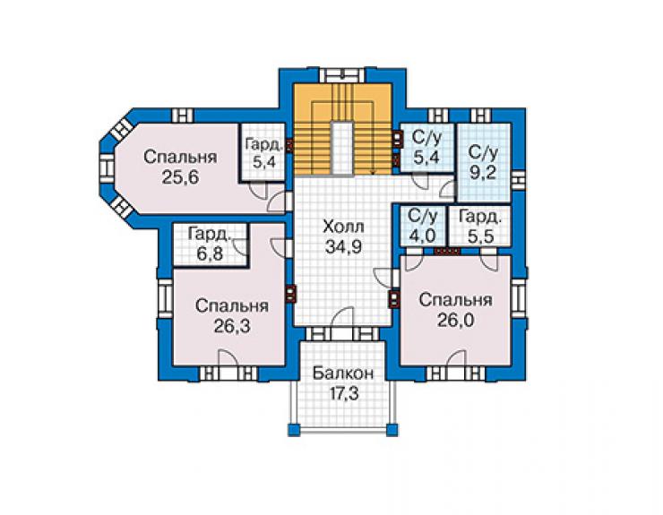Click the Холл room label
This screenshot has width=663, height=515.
[343, 227]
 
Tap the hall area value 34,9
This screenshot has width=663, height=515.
[343, 246]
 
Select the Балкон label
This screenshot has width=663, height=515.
[343, 373]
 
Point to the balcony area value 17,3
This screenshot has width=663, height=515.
[344, 394]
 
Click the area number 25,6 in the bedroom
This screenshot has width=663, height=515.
[180, 177]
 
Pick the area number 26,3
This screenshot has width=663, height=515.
[232, 326]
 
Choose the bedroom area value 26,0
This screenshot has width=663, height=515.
[455, 320]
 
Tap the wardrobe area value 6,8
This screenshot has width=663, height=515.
[210, 254]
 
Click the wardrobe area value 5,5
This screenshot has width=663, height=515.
[481, 236]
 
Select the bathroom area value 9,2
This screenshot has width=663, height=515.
[482, 173]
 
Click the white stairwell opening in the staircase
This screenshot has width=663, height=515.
[341, 148]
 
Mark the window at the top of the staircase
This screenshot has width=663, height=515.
[341, 75]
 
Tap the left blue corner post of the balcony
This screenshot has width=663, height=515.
[294, 430]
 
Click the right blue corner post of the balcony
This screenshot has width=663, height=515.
[392, 430]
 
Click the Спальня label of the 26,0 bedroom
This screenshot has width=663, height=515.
[455, 300]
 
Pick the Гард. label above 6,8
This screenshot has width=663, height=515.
[211, 235]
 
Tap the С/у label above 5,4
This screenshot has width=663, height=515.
[426, 138]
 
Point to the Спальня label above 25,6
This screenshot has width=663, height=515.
[180, 158]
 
